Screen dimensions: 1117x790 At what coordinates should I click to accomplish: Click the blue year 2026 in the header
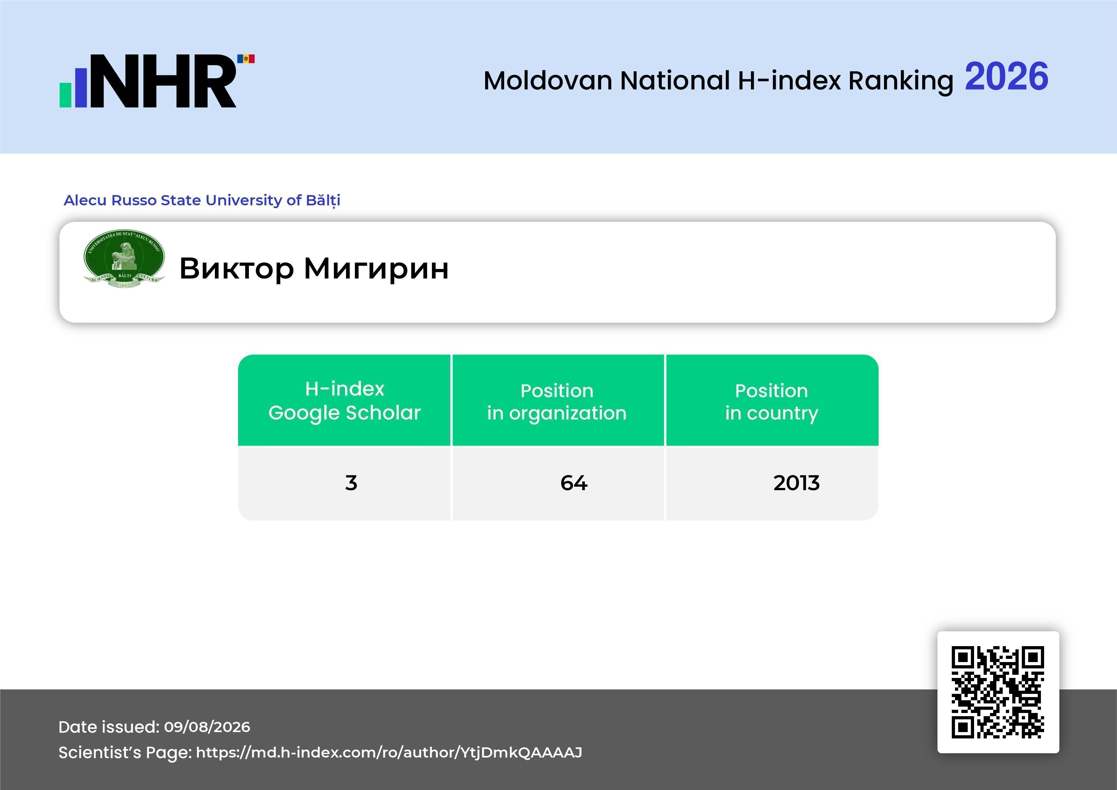(x=1007, y=76)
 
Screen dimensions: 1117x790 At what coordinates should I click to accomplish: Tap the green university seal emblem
(x=124, y=258)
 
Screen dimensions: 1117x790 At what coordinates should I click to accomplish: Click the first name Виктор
(x=237, y=269)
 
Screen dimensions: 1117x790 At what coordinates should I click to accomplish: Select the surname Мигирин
(x=376, y=269)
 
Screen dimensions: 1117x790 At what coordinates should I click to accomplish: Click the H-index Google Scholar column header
(x=344, y=400)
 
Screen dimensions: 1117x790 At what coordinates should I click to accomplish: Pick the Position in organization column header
(x=557, y=402)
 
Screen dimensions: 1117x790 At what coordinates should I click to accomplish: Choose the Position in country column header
(x=772, y=402)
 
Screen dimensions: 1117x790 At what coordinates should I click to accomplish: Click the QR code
(x=998, y=692)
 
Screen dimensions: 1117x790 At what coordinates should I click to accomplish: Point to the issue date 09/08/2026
(x=207, y=727)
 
